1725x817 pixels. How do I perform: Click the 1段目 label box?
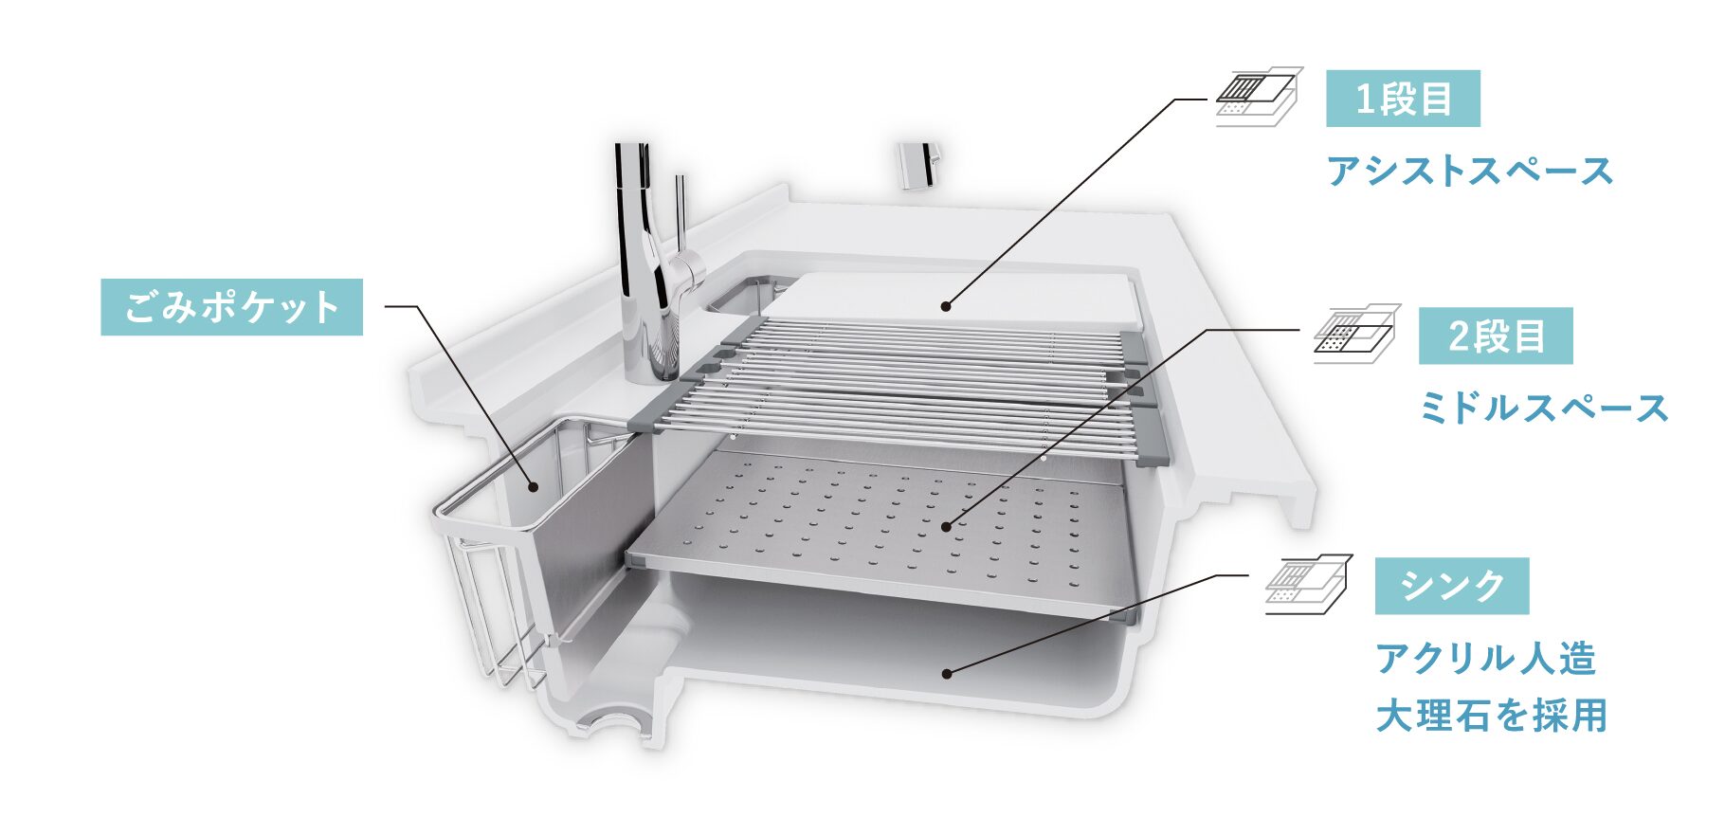point(1403,99)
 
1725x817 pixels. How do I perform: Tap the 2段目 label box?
point(1496,336)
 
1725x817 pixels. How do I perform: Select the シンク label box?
point(1452,586)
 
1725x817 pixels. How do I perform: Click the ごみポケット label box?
point(232,307)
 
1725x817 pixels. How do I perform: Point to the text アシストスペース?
point(1470,172)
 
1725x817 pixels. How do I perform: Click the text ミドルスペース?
point(1544,408)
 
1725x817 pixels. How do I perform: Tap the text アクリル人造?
point(1486,658)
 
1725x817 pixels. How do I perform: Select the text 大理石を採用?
point(1492,716)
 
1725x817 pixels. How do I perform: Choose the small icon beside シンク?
point(1309,584)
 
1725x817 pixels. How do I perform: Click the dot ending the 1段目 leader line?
point(945,305)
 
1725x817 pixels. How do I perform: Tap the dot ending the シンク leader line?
point(945,673)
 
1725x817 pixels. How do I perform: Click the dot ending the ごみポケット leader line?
point(534,488)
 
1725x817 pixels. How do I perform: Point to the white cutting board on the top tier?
point(953,299)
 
